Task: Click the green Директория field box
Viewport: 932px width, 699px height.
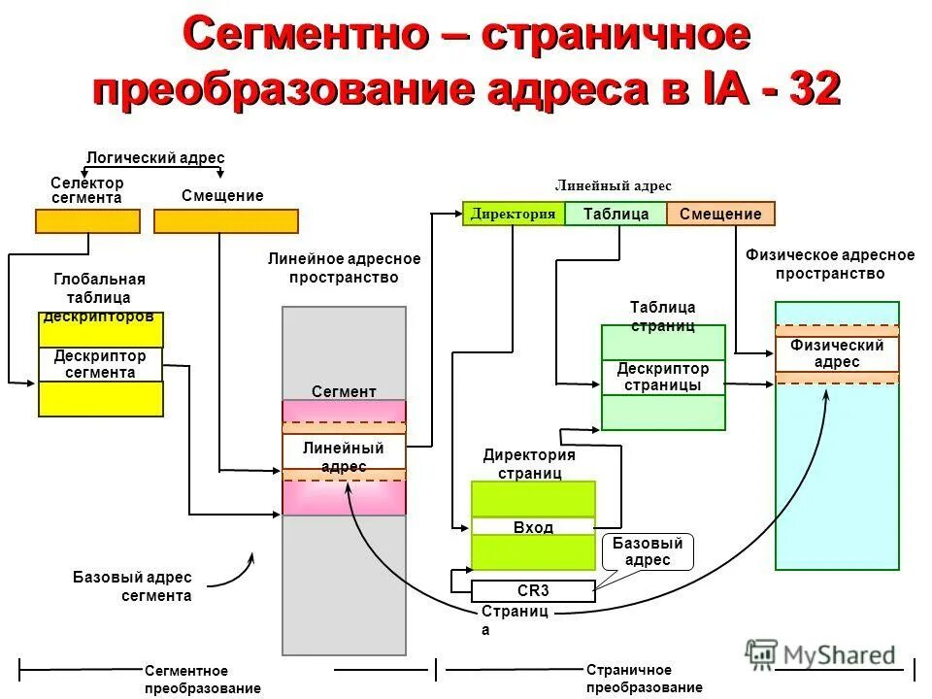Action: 514,214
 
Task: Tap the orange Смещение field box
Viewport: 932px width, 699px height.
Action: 720,214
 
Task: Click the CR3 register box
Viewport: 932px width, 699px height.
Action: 533,590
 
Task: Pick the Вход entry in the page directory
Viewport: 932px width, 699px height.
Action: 533,527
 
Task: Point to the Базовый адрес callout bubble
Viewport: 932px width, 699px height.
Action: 648,551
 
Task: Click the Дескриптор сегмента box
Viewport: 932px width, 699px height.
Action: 101,364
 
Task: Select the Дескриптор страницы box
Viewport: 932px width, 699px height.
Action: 663,377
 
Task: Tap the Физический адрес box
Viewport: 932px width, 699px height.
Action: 837,353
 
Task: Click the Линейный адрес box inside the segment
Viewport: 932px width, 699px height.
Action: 344,456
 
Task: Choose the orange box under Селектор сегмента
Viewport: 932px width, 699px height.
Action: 87,221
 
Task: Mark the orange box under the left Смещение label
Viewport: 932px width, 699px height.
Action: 225,221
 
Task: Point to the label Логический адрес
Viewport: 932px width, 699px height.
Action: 155,158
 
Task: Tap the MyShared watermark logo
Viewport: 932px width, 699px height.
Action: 820,655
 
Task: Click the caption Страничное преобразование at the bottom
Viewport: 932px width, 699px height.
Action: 644,679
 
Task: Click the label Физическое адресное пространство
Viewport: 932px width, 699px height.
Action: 829,264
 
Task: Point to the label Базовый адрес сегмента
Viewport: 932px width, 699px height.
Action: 132,586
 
